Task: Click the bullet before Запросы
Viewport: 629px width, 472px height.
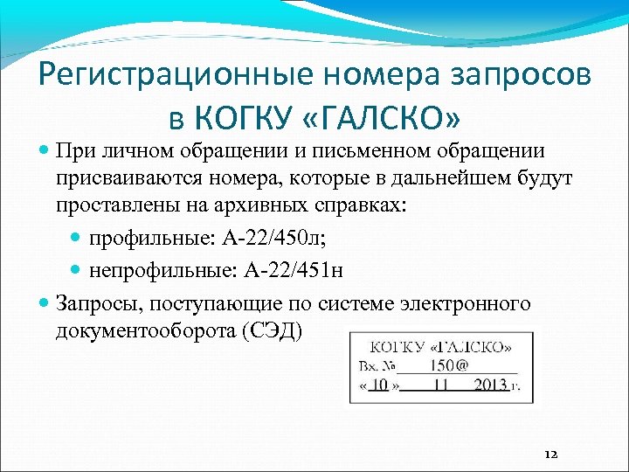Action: (x=45, y=304)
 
